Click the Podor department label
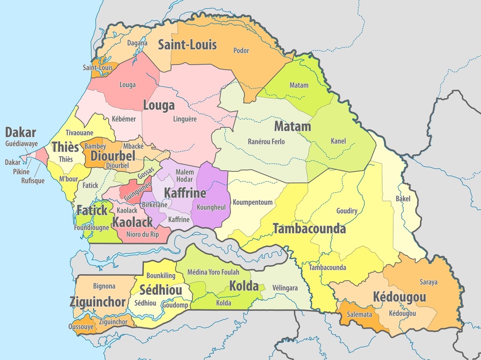241,51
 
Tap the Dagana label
137,43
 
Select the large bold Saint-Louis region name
187,45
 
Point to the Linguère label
185,119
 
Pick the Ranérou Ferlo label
266,142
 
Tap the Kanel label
338,141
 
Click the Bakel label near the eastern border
403,199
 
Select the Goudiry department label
347,211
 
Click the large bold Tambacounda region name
309,229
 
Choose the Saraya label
429,282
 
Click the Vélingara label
285,288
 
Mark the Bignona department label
104,286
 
